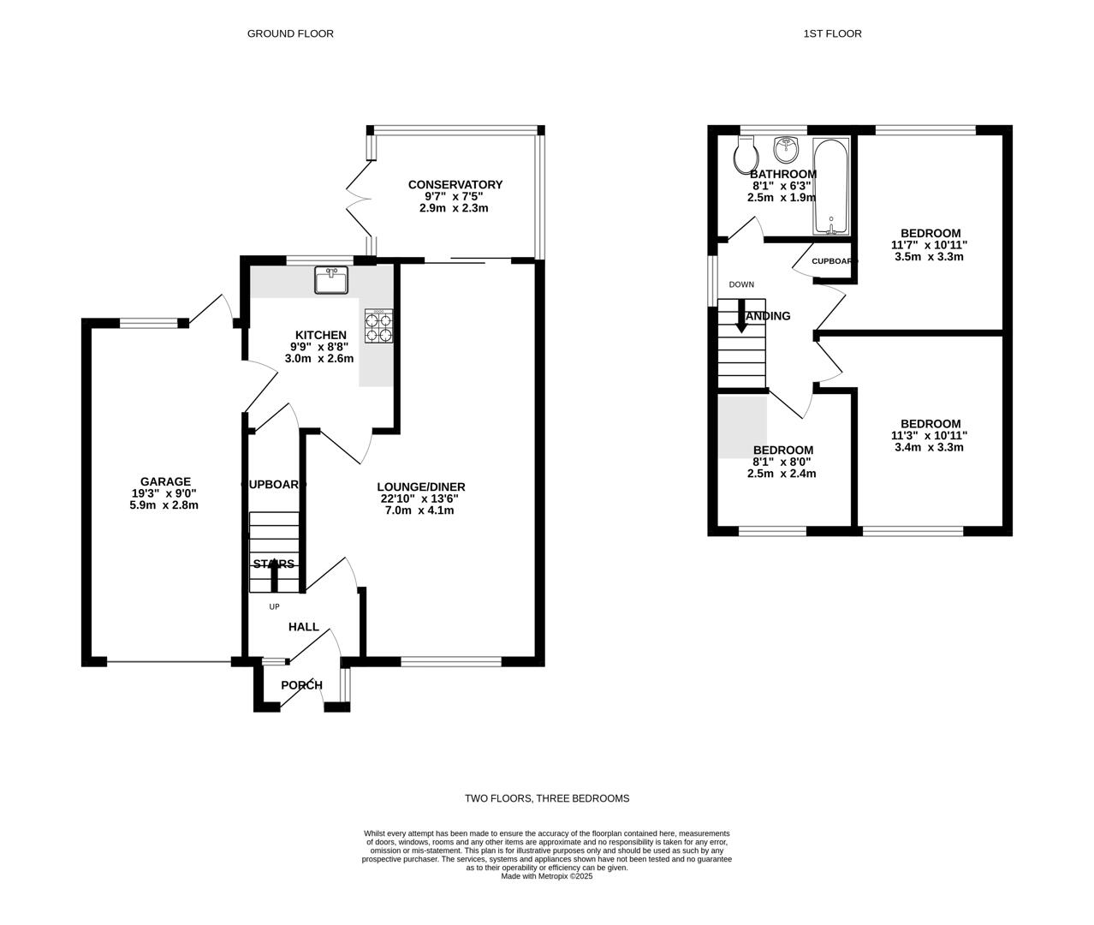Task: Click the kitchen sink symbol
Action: pos(331,280)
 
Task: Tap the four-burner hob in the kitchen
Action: pos(378,325)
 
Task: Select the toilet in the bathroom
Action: pos(746,156)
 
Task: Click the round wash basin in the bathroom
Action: pos(786,150)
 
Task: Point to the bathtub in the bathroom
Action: pos(830,187)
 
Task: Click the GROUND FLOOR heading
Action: pos(290,33)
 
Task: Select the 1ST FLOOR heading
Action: pos(832,33)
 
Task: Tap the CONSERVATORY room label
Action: pos(455,184)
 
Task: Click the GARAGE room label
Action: pos(165,481)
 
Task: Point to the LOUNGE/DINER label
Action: pos(422,486)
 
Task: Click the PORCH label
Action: pos(301,685)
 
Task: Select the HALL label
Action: pos(303,627)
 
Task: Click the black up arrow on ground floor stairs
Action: pos(274,577)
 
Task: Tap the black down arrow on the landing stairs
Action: pos(741,315)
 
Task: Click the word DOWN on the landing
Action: pos(741,284)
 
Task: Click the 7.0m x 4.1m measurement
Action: pos(419,510)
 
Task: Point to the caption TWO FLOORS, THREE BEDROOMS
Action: pos(547,798)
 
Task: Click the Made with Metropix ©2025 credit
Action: pos(546,876)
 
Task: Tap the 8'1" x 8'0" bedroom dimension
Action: pos(782,462)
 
